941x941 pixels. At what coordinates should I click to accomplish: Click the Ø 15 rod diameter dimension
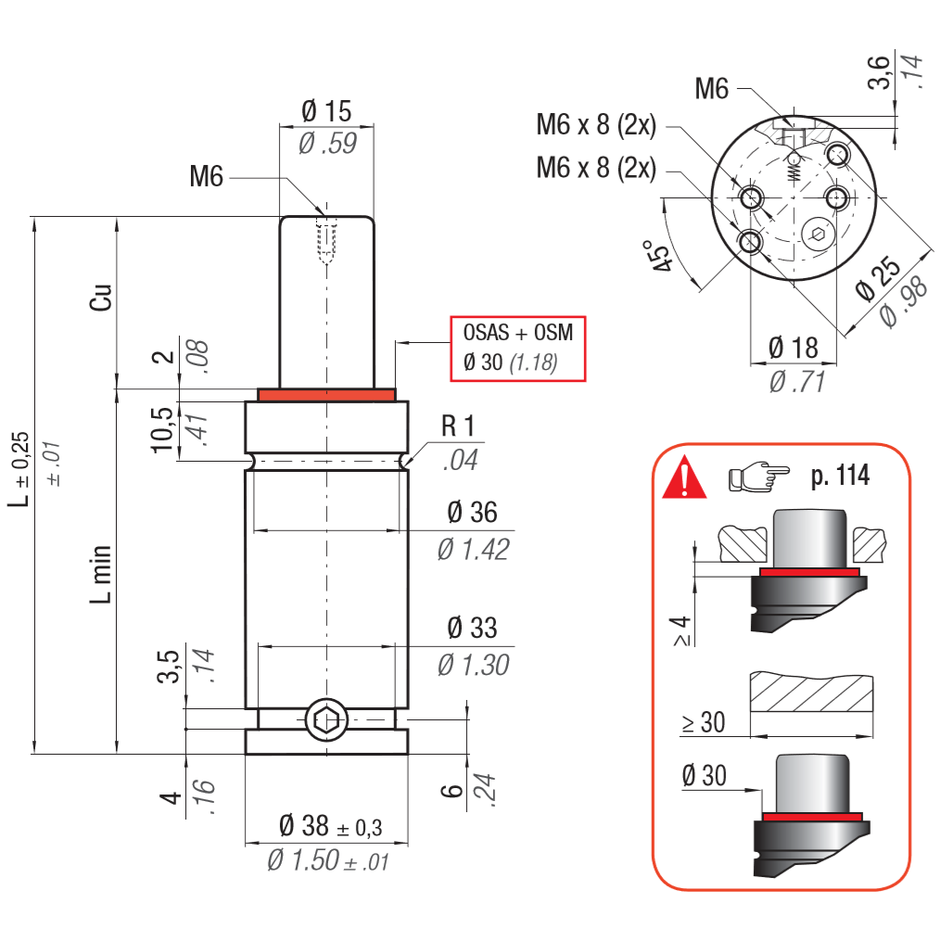[326, 112]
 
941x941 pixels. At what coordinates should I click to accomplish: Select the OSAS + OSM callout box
[518, 347]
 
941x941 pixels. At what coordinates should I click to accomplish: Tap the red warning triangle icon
[684, 477]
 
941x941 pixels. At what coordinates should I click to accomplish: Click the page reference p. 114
[840, 477]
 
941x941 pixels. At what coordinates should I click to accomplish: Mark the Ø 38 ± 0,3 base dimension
[330, 825]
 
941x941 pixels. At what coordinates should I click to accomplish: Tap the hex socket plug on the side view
[326, 719]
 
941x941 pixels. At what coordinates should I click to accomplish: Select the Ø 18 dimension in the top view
[794, 348]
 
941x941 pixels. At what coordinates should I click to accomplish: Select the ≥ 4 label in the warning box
[682, 630]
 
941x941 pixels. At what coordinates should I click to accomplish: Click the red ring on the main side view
[326, 395]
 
